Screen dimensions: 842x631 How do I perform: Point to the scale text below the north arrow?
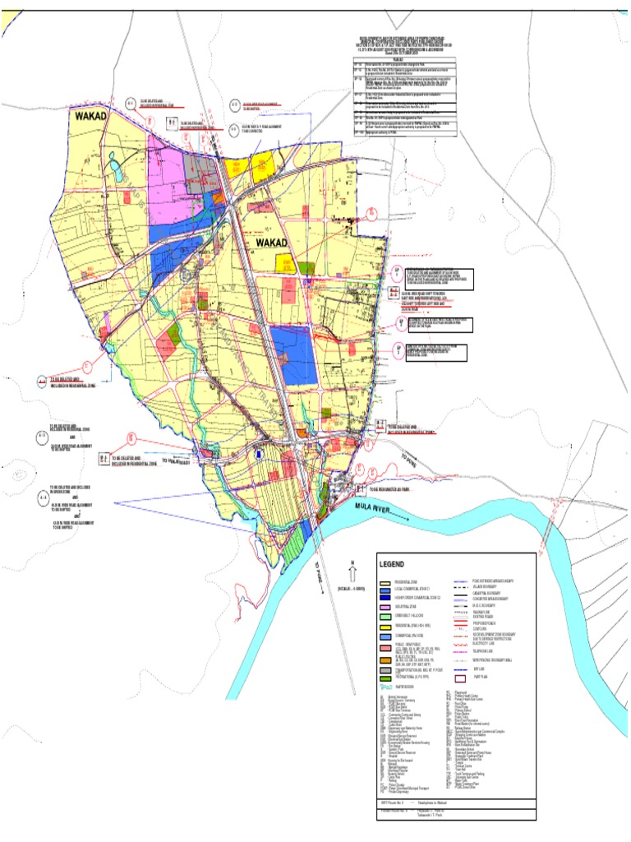tap(353, 590)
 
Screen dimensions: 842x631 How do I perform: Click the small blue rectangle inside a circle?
tap(258, 454)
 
